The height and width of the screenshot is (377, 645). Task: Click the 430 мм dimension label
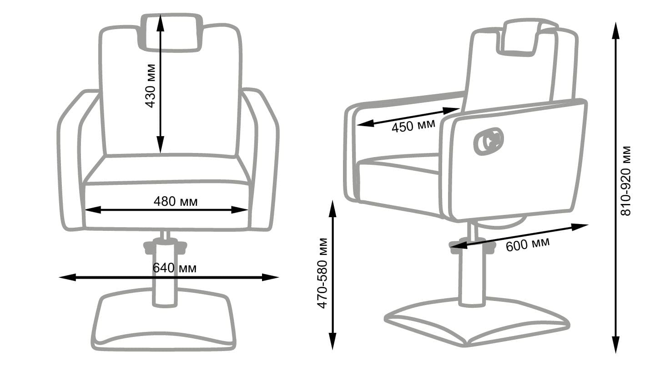pos(151,86)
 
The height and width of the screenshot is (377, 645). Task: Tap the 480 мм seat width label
pos(175,201)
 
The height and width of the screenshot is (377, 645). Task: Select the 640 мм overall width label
pos(175,268)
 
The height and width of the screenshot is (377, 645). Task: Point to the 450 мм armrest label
pos(413,125)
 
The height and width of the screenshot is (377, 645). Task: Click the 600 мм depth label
pos(527,244)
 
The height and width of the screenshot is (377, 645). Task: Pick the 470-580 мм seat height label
pos(322,273)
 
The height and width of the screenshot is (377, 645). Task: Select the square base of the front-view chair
pos(164,321)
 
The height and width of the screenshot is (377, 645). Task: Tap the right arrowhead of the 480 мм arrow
pos(241,210)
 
